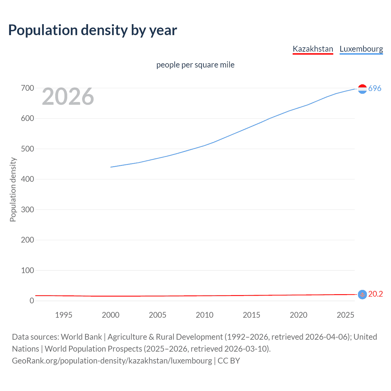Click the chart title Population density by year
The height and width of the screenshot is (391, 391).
[x=93, y=30]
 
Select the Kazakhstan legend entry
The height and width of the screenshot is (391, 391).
[x=313, y=49]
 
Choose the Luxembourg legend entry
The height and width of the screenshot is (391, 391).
[x=361, y=49]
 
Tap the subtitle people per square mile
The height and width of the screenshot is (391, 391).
[x=195, y=65]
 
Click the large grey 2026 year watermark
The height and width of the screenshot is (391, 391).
[x=68, y=97]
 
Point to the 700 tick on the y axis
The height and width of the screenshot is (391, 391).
[x=27, y=88]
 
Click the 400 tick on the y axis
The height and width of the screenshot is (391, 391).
[x=27, y=179]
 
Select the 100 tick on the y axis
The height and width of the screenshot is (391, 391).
[x=27, y=270]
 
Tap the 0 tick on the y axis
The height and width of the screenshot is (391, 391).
[x=32, y=301]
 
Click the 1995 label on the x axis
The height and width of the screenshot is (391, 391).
[x=64, y=315]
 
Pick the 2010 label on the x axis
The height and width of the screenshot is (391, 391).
[x=204, y=315]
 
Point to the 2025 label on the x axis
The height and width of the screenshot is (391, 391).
[x=345, y=315]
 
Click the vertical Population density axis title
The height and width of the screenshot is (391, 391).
[x=13, y=189]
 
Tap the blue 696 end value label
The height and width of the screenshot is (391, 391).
[x=375, y=88]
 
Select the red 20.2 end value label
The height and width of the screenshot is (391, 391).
[x=375, y=294]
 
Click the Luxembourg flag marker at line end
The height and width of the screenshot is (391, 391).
[x=362, y=89]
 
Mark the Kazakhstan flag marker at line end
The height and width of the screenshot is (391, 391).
[x=362, y=294]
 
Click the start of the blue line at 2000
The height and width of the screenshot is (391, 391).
[x=111, y=167]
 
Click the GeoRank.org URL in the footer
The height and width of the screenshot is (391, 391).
[x=112, y=361]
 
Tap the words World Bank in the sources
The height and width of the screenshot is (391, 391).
[x=81, y=337]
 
